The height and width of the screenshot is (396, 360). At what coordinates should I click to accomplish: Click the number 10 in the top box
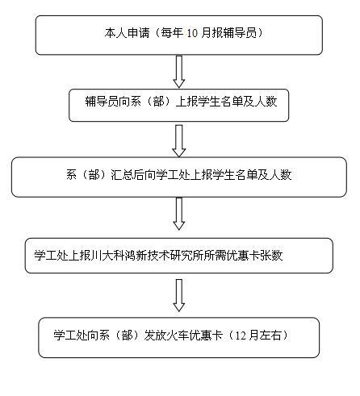[192, 33]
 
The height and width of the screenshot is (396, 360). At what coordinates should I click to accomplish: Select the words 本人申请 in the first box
[127, 33]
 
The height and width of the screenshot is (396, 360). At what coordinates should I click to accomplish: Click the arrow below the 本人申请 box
[179, 72]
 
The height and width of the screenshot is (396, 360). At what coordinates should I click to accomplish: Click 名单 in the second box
[232, 101]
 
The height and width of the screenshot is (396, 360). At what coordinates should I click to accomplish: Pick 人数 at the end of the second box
[266, 101]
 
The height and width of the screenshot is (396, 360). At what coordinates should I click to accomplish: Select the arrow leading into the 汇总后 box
[179, 140]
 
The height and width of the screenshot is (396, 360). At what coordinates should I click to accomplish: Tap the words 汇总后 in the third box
[128, 175]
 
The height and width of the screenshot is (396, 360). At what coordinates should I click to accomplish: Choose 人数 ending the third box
[280, 175]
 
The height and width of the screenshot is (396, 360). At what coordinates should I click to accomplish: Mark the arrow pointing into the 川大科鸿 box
[179, 214]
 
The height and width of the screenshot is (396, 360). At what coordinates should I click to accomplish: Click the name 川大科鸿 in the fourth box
[113, 255]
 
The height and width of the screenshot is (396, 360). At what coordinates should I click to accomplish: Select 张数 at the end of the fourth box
[271, 255]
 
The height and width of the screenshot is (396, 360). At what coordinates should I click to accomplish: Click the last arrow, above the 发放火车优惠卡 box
[179, 295]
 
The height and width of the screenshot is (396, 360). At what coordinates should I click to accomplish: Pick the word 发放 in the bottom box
[156, 335]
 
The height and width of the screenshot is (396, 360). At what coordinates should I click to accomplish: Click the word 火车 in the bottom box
[178, 335]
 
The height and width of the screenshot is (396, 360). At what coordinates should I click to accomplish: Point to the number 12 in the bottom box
[241, 336]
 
